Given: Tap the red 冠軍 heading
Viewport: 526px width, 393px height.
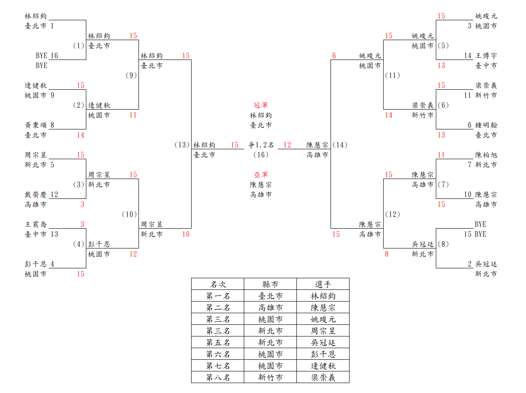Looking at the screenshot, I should (x=261, y=105).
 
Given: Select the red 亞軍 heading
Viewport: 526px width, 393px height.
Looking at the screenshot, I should (x=261, y=175).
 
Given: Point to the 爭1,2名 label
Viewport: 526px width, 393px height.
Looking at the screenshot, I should (x=261, y=145).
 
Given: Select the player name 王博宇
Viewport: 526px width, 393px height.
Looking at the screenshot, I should (x=486, y=56).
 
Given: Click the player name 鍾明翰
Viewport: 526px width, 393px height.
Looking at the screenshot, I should (x=486, y=125).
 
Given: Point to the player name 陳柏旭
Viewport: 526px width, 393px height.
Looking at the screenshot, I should (x=486, y=155).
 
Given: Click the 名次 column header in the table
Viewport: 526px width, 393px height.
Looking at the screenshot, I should (x=218, y=284).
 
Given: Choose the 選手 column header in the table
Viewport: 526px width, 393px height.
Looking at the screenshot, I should (x=323, y=284).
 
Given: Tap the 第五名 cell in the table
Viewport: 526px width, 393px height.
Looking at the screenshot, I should (x=218, y=343).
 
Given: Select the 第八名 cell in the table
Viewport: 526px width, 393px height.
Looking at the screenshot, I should (x=218, y=377).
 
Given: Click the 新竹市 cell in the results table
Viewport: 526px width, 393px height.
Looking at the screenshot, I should (x=271, y=377).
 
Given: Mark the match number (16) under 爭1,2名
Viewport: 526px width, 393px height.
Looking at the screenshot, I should (x=261, y=155).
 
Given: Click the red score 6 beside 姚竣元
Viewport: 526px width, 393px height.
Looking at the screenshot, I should (x=334, y=56).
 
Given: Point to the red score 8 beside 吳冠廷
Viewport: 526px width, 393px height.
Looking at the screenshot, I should (x=387, y=254).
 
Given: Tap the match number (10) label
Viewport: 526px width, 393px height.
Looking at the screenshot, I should (x=129, y=214).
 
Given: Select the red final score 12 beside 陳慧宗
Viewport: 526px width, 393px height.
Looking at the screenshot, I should (x=287, y=145).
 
